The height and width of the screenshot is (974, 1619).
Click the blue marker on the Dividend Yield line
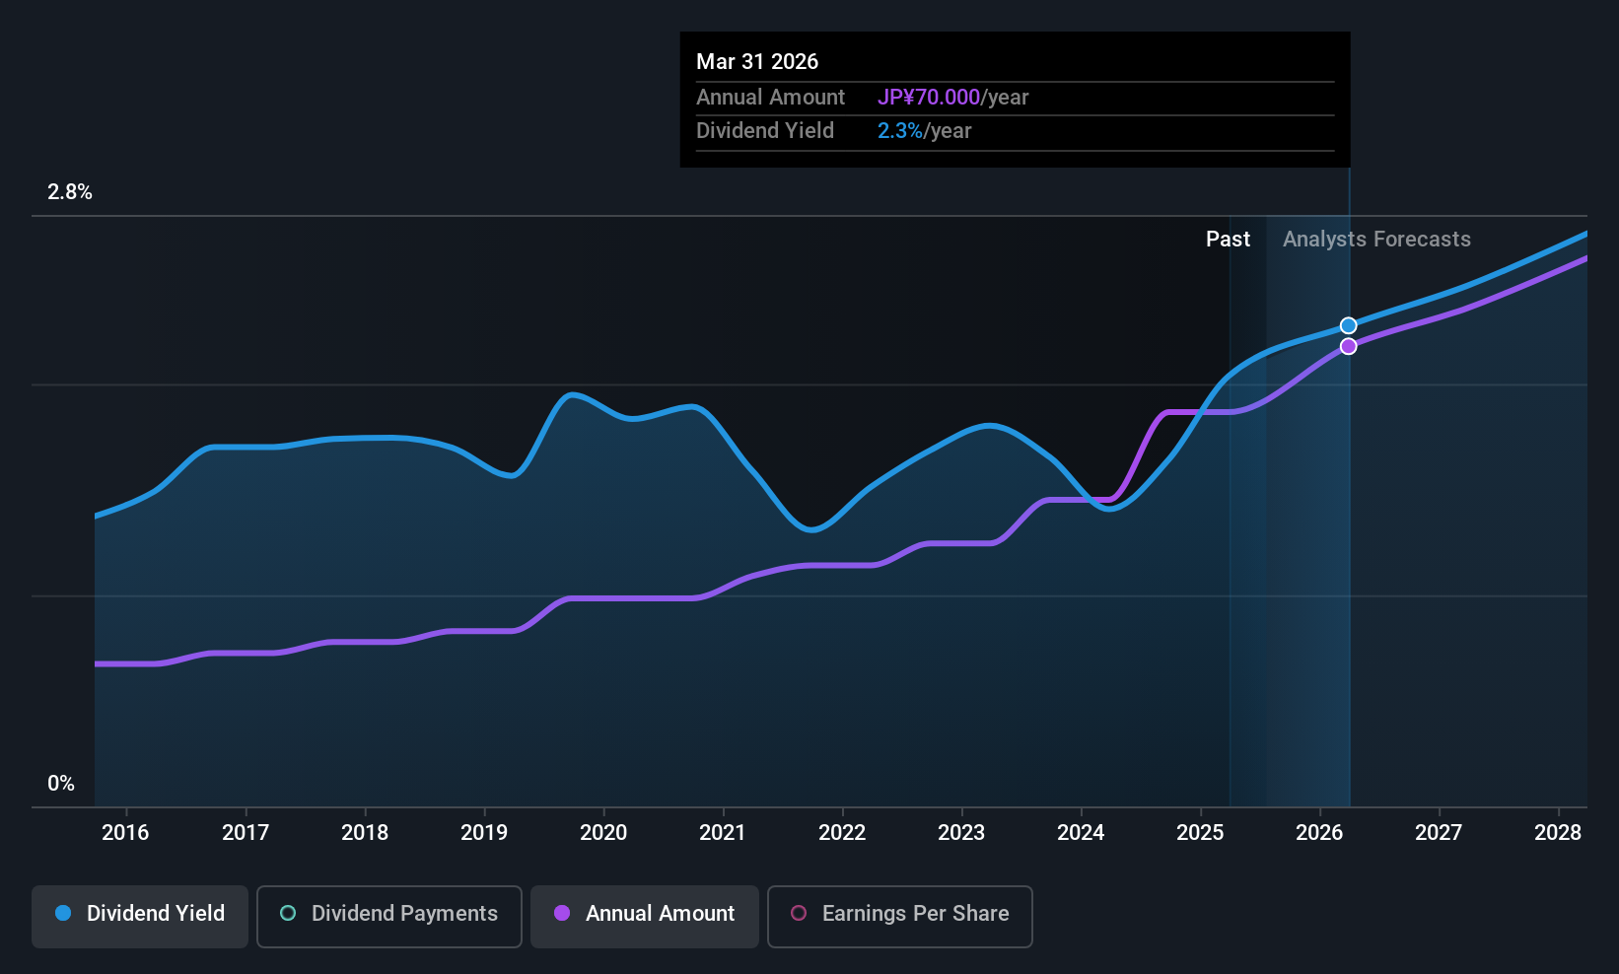tap(1348, 325)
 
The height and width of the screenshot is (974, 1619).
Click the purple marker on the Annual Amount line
tap(1348, 346)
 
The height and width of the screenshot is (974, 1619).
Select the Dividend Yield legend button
tap(140, 914)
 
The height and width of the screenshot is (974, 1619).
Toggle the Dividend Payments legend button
tap(388, 914)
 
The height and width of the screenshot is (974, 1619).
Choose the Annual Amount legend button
tap(645, 914)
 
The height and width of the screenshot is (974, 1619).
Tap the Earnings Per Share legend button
tap(899, 914)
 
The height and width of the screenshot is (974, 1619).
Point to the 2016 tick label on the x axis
tap(125, 833)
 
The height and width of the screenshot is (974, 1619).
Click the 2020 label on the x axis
tap(603, 833)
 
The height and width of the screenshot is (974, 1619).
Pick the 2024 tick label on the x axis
tap(1081, 833)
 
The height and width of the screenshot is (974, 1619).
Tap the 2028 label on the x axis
tap(1558, 833)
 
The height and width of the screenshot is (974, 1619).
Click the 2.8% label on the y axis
tap(70, 192)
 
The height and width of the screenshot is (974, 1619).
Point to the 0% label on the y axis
tap(61, 784)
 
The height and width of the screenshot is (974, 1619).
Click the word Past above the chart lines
tap(1228, 240)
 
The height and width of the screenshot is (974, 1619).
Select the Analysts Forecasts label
tap(1376, 240)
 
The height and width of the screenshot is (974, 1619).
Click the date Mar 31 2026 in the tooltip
tap(757, 62)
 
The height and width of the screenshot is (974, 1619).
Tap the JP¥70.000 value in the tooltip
tap(928, 98)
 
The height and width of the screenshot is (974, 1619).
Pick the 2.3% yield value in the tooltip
tap(900, 131)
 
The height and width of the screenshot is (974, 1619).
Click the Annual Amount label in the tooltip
tap(770, 98)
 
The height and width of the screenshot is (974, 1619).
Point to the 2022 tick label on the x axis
tap(842, 833)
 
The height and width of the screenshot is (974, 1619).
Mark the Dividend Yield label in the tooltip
tap(765, 131)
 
